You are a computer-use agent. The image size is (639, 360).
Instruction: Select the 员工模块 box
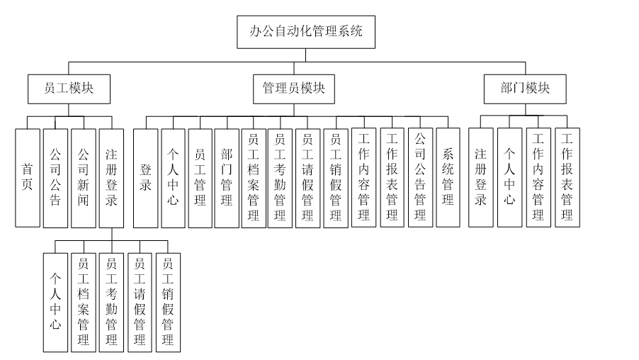coord(69,89)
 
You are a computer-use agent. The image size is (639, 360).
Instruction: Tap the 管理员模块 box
coord(293,89)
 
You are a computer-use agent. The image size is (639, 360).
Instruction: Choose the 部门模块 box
coord(525,89)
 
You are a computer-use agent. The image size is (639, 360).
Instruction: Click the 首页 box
coord(28,177)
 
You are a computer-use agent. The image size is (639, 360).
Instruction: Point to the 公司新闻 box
coord(84,177)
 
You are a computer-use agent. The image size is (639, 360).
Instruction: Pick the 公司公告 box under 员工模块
coord(56,177)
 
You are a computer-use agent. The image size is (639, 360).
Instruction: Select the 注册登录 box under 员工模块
coord(112,177)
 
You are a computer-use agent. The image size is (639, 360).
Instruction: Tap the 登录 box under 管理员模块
coord(145,177)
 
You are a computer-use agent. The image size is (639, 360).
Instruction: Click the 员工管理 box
coord(200,177)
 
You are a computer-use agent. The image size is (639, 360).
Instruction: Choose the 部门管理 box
coord(227,177)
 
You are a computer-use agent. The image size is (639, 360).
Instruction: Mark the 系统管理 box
coord(448,177)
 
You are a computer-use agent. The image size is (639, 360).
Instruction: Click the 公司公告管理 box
coord(420,177)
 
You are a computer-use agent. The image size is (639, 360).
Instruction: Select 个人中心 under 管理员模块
coord(173,177)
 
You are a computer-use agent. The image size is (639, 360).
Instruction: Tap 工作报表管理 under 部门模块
coord(567,177)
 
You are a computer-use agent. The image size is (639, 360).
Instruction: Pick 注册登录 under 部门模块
coord(481,177)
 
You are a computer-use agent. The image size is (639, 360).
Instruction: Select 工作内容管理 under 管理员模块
coord(364,177)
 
